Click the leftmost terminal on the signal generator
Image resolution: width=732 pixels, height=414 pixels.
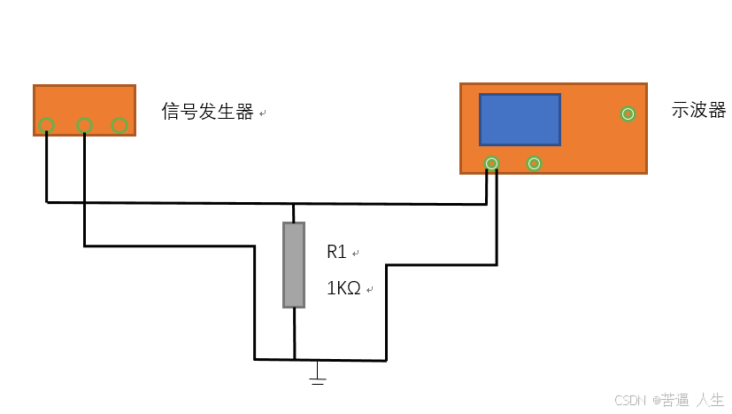tap(46, 125)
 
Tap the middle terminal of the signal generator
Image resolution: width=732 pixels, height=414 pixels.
tap(85, 125)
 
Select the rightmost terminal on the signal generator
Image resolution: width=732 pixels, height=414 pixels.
tap(119, 125)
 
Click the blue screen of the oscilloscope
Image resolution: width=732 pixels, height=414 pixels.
tap(520, 119)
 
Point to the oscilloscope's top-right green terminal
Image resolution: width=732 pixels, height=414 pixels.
tap(628, 113)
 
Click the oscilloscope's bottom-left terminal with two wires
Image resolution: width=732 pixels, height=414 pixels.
tap(491, 163)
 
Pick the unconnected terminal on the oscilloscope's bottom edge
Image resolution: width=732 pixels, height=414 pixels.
tap(534, 163)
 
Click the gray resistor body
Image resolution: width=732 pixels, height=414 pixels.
tap(294, 265)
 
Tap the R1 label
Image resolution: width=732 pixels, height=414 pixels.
tap(336, 253)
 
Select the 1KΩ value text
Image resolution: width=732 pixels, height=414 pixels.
tap(344, 289)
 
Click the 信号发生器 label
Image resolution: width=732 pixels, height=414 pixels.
tap(208, 112)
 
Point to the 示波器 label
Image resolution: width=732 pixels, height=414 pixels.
tap(698, 111)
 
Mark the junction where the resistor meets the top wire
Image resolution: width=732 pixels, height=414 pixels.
tap(294, 203)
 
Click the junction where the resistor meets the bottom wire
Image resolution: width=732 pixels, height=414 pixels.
tap(294, 360)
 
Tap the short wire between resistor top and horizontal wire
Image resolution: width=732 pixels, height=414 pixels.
tap(294, 213)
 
